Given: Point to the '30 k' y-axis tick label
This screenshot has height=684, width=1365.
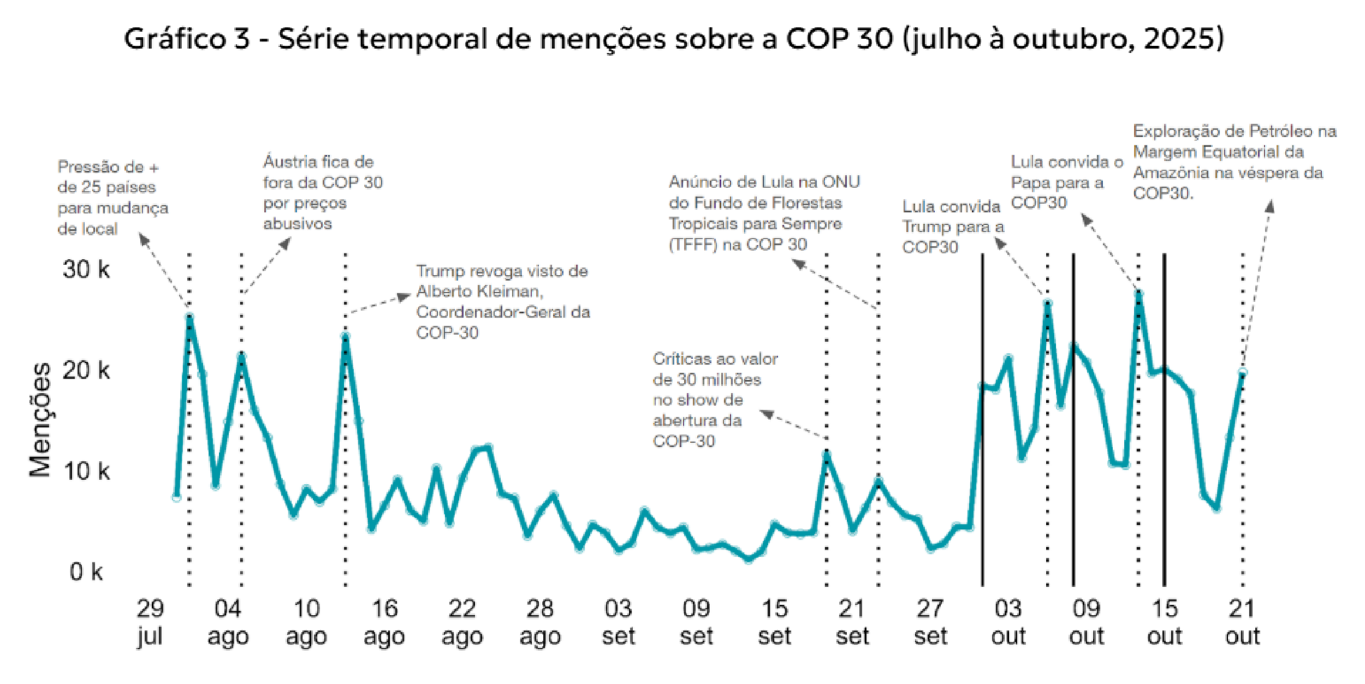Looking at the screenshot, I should [86, 269].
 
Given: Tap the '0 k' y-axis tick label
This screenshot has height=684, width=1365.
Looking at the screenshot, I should [86, 572].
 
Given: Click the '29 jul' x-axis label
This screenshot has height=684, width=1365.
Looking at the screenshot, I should [150, 622].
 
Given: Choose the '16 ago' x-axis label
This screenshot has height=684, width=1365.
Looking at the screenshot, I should [384, 622].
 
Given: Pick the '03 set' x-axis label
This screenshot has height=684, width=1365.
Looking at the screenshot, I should [618, 622].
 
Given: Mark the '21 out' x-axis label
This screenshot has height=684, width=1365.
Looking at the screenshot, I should [1242, 622].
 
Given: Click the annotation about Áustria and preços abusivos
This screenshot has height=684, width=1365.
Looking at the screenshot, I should [323, 193].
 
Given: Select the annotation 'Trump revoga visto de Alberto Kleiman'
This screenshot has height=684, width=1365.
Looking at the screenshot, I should [502, 302].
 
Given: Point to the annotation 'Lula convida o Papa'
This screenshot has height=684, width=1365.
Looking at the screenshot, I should [1066, 182].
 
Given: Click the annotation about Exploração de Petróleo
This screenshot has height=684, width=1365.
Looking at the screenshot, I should [1234, 162].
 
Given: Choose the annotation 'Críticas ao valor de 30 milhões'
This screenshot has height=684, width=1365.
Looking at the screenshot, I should [714, 400].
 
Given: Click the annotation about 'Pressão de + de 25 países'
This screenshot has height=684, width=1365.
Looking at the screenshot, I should [112, 198].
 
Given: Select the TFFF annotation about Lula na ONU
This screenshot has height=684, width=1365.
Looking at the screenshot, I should [763, 213].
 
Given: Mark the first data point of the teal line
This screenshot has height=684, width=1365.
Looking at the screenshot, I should [176, 497].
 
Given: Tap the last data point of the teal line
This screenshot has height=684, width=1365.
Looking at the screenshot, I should [1243, 372].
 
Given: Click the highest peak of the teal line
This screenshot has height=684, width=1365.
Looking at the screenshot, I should [1138, 293].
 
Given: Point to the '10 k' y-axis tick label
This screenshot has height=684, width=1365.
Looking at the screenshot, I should [86, 471].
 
